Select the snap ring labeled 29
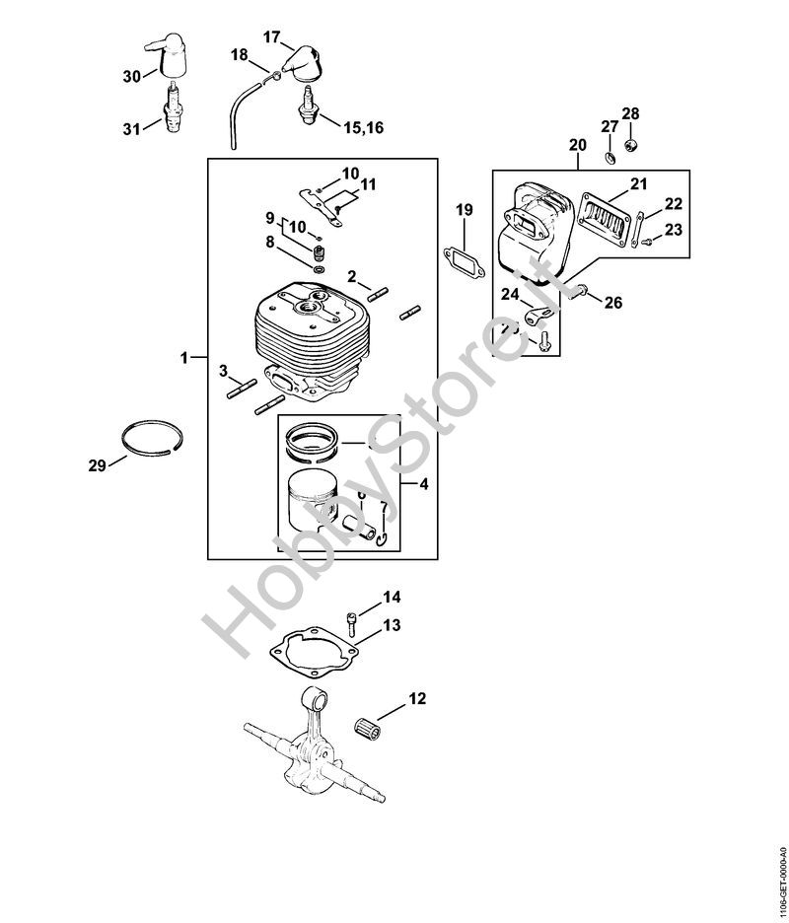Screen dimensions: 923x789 (155, 438)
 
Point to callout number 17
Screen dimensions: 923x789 (272, 36)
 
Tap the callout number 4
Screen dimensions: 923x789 (423, 484)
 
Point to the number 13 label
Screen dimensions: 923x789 (392, 625)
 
